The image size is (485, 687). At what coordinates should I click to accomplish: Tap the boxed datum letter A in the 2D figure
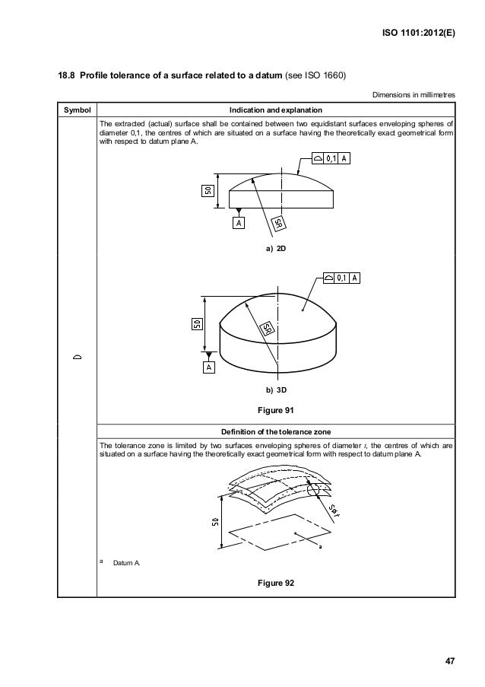pos(239,224)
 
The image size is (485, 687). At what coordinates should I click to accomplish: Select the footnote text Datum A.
pos(125,564)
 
